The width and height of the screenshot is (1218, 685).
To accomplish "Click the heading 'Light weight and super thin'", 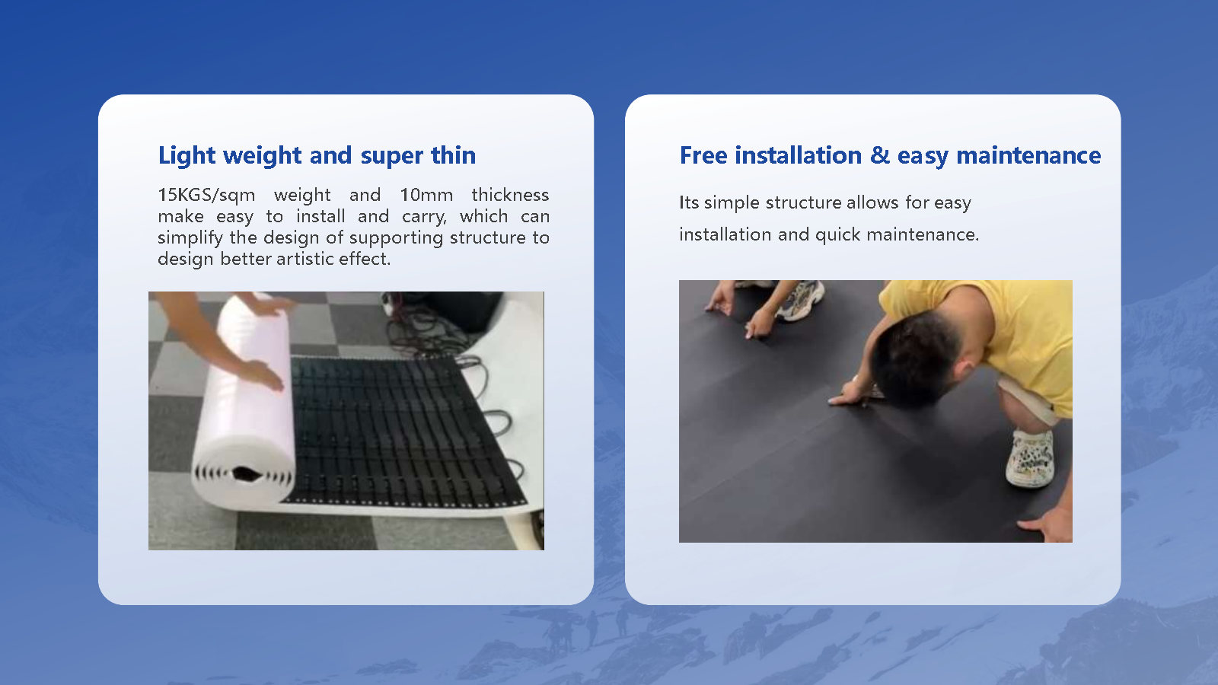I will [x=317, y=155].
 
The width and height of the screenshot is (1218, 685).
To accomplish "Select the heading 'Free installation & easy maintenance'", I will [x=890, y=155].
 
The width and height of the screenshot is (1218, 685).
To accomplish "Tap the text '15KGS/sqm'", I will [x=206, y=195].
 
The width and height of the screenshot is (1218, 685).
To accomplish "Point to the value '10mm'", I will [x=426, y=195].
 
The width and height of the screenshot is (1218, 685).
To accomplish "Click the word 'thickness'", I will [x=509, y=195].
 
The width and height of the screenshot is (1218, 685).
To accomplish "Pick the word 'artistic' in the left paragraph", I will [x=304, y=259].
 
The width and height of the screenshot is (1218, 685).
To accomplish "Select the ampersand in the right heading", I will [x=879, y=155].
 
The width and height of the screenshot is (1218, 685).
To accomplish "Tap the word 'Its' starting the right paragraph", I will [x=688, y=202].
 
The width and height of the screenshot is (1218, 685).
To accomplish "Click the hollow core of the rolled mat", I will [x=245, y=474].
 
